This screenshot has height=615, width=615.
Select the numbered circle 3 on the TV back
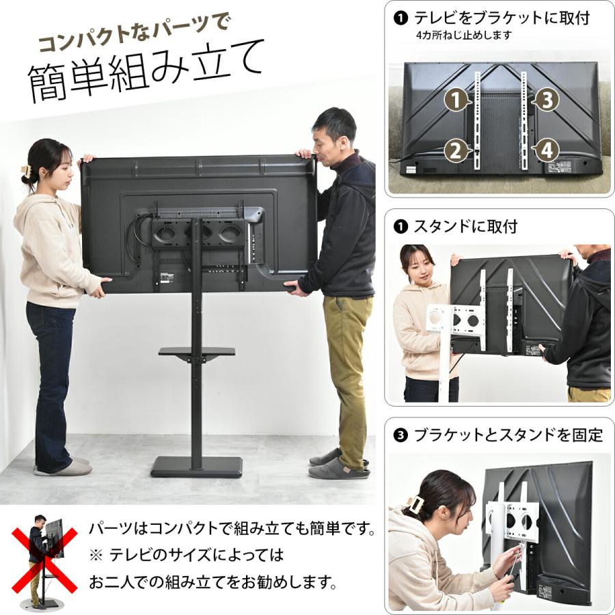click(545, 100)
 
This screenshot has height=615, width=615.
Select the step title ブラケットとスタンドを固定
click(508, 435)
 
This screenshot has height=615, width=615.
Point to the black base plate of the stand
click(196, 467)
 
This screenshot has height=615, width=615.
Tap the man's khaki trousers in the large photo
click(347, 369)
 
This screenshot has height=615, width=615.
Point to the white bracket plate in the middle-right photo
click(456, 318)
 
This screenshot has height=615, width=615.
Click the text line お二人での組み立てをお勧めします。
click(213, 583)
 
